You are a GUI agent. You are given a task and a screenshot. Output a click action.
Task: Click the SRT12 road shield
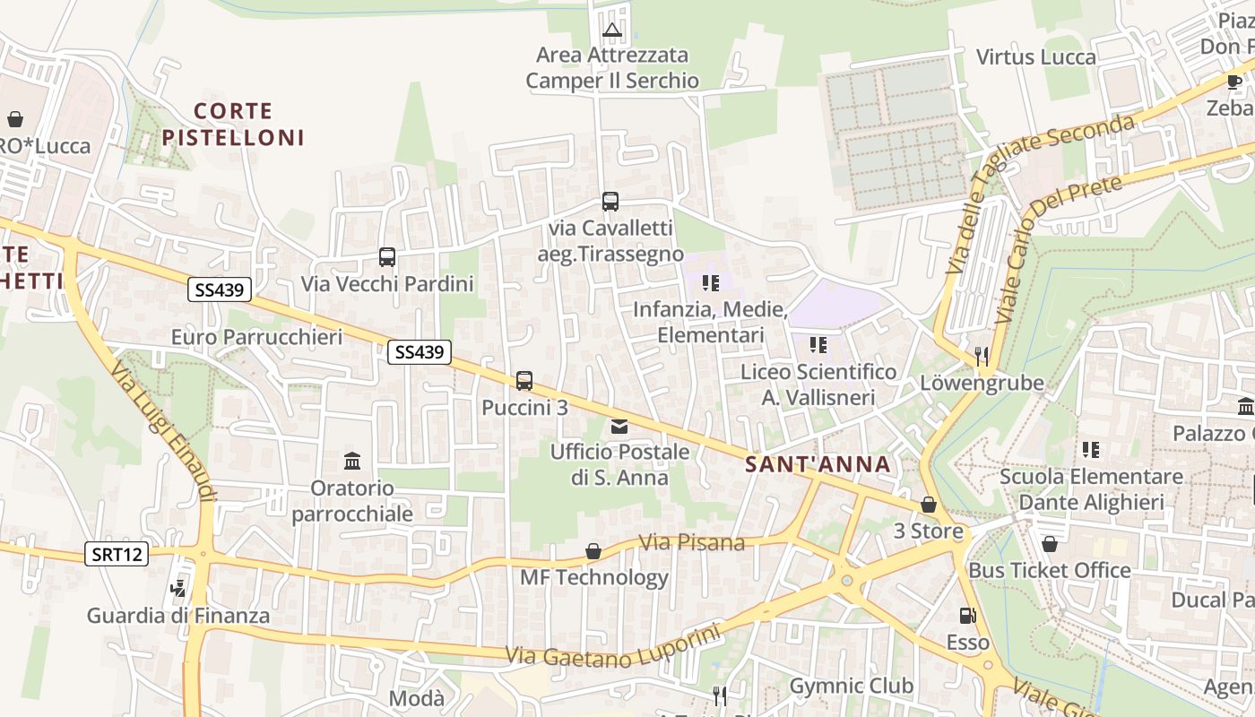[x=117, y=554]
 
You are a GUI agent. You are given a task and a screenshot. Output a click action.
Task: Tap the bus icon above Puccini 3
[x=524, y=381]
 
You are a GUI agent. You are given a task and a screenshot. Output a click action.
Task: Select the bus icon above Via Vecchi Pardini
[x=387, y=258]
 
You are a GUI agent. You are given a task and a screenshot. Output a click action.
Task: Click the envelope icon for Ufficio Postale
[x=619, y=427]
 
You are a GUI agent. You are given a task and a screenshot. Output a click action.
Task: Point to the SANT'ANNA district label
[x=818, y=464]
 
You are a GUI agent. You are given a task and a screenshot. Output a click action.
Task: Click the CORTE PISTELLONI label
[x=233, y=125]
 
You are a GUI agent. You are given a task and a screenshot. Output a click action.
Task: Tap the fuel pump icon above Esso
[x=967, y=616]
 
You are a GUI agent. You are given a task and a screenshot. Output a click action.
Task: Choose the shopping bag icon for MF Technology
[x=593, y=550]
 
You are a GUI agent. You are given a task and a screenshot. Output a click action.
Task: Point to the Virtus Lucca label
[x=1035, y=57]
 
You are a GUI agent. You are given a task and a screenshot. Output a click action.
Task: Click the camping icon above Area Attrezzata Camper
[x=612, y=31]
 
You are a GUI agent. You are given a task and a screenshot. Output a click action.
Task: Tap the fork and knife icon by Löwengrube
[x=982, y=357]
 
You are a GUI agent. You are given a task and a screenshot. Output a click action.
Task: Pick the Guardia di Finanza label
[x=178, y=616]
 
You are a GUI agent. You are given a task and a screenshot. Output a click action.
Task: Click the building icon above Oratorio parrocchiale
[x=352, y=462]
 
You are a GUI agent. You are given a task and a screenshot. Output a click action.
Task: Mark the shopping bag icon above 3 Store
[x=929, y=505]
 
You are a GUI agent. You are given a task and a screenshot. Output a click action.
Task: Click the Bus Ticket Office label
[x=1049, y=570]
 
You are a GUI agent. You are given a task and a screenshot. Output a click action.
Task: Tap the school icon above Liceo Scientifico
[x=818, y=345]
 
